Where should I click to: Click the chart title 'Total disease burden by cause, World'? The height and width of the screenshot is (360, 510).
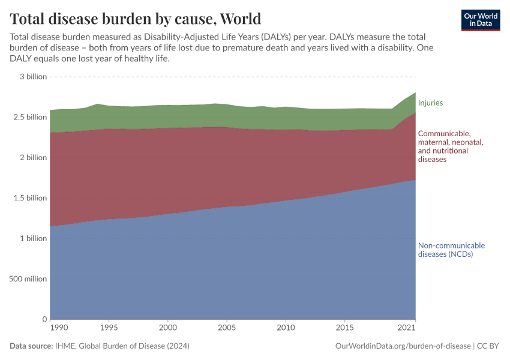tap(135, 17)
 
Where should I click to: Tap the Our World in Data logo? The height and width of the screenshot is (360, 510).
tap(481, 20)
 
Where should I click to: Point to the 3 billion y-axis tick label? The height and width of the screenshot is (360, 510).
tap(32, 77)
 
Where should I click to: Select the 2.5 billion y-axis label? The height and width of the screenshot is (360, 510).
tap(29, 117)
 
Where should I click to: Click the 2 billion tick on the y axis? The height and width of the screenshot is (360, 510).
tap(32, 158)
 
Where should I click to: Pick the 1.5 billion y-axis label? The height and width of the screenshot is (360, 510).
tap(29, 198)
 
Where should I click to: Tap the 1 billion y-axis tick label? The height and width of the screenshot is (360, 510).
tap(32, 238)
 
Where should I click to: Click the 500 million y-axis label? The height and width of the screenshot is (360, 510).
tap(28, 279)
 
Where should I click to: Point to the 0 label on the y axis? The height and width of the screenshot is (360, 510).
tap(44, 319)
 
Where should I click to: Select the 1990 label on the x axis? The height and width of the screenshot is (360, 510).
tap(58, 328)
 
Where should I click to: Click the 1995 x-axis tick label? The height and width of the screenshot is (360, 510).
tap(109, 328)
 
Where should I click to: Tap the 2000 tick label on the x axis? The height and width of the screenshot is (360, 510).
tap(167, 328)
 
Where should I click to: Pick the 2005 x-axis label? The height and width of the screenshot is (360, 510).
tap(226, 328)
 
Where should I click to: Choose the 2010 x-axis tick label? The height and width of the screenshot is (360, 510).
tap(286, 328)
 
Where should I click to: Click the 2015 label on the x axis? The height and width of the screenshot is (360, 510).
tap(344, 328)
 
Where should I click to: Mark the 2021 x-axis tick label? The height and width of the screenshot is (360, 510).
tap(407, 328)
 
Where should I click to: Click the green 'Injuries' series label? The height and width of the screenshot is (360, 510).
tap(430, 103)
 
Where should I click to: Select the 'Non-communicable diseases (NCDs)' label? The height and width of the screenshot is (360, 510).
tap(451, 250)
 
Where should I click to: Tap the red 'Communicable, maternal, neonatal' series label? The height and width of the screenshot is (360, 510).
tap(450, 146)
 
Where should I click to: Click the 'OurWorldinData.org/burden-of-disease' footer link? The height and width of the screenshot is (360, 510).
tap(402, 346)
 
